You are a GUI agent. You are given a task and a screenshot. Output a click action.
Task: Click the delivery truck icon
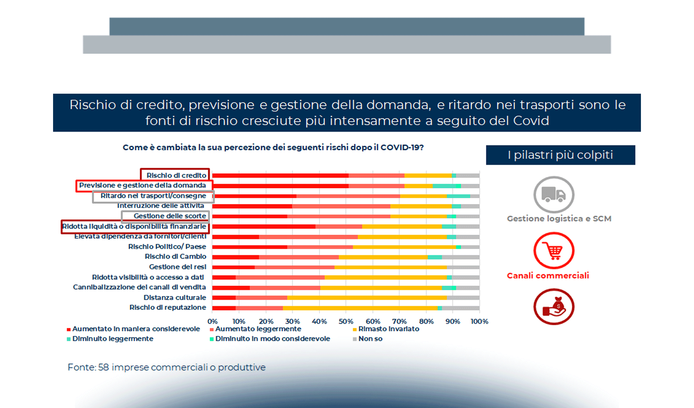553,194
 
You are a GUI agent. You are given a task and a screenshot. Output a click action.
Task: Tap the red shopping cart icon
553,251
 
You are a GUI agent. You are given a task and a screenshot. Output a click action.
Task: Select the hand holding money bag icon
553,307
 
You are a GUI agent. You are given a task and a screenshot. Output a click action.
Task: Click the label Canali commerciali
548,276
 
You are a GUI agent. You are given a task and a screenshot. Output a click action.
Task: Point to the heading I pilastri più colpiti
560,155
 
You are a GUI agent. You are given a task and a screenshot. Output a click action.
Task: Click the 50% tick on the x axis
346,321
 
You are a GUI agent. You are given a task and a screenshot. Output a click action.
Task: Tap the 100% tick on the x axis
479,321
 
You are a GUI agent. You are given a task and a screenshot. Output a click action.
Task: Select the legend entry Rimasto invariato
389,329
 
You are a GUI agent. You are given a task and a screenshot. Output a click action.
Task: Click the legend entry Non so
370,339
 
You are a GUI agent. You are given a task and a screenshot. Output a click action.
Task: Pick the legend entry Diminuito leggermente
113,339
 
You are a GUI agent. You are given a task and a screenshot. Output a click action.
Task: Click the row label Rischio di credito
176,175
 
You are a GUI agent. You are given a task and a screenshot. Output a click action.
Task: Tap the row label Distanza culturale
175,297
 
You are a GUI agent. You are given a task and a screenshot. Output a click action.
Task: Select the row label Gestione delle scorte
170,216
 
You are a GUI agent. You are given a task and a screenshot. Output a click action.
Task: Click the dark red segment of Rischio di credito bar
280,176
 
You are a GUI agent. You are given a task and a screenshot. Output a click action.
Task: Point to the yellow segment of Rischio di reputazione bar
360,308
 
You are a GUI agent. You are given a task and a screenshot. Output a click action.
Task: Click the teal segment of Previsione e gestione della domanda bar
447,186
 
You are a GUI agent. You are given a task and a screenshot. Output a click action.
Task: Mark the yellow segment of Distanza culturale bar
367,298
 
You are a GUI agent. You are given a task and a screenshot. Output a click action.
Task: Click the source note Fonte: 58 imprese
166,368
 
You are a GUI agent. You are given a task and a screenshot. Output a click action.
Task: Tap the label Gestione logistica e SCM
559,219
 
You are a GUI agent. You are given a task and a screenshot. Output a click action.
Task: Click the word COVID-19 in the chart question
401,148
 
